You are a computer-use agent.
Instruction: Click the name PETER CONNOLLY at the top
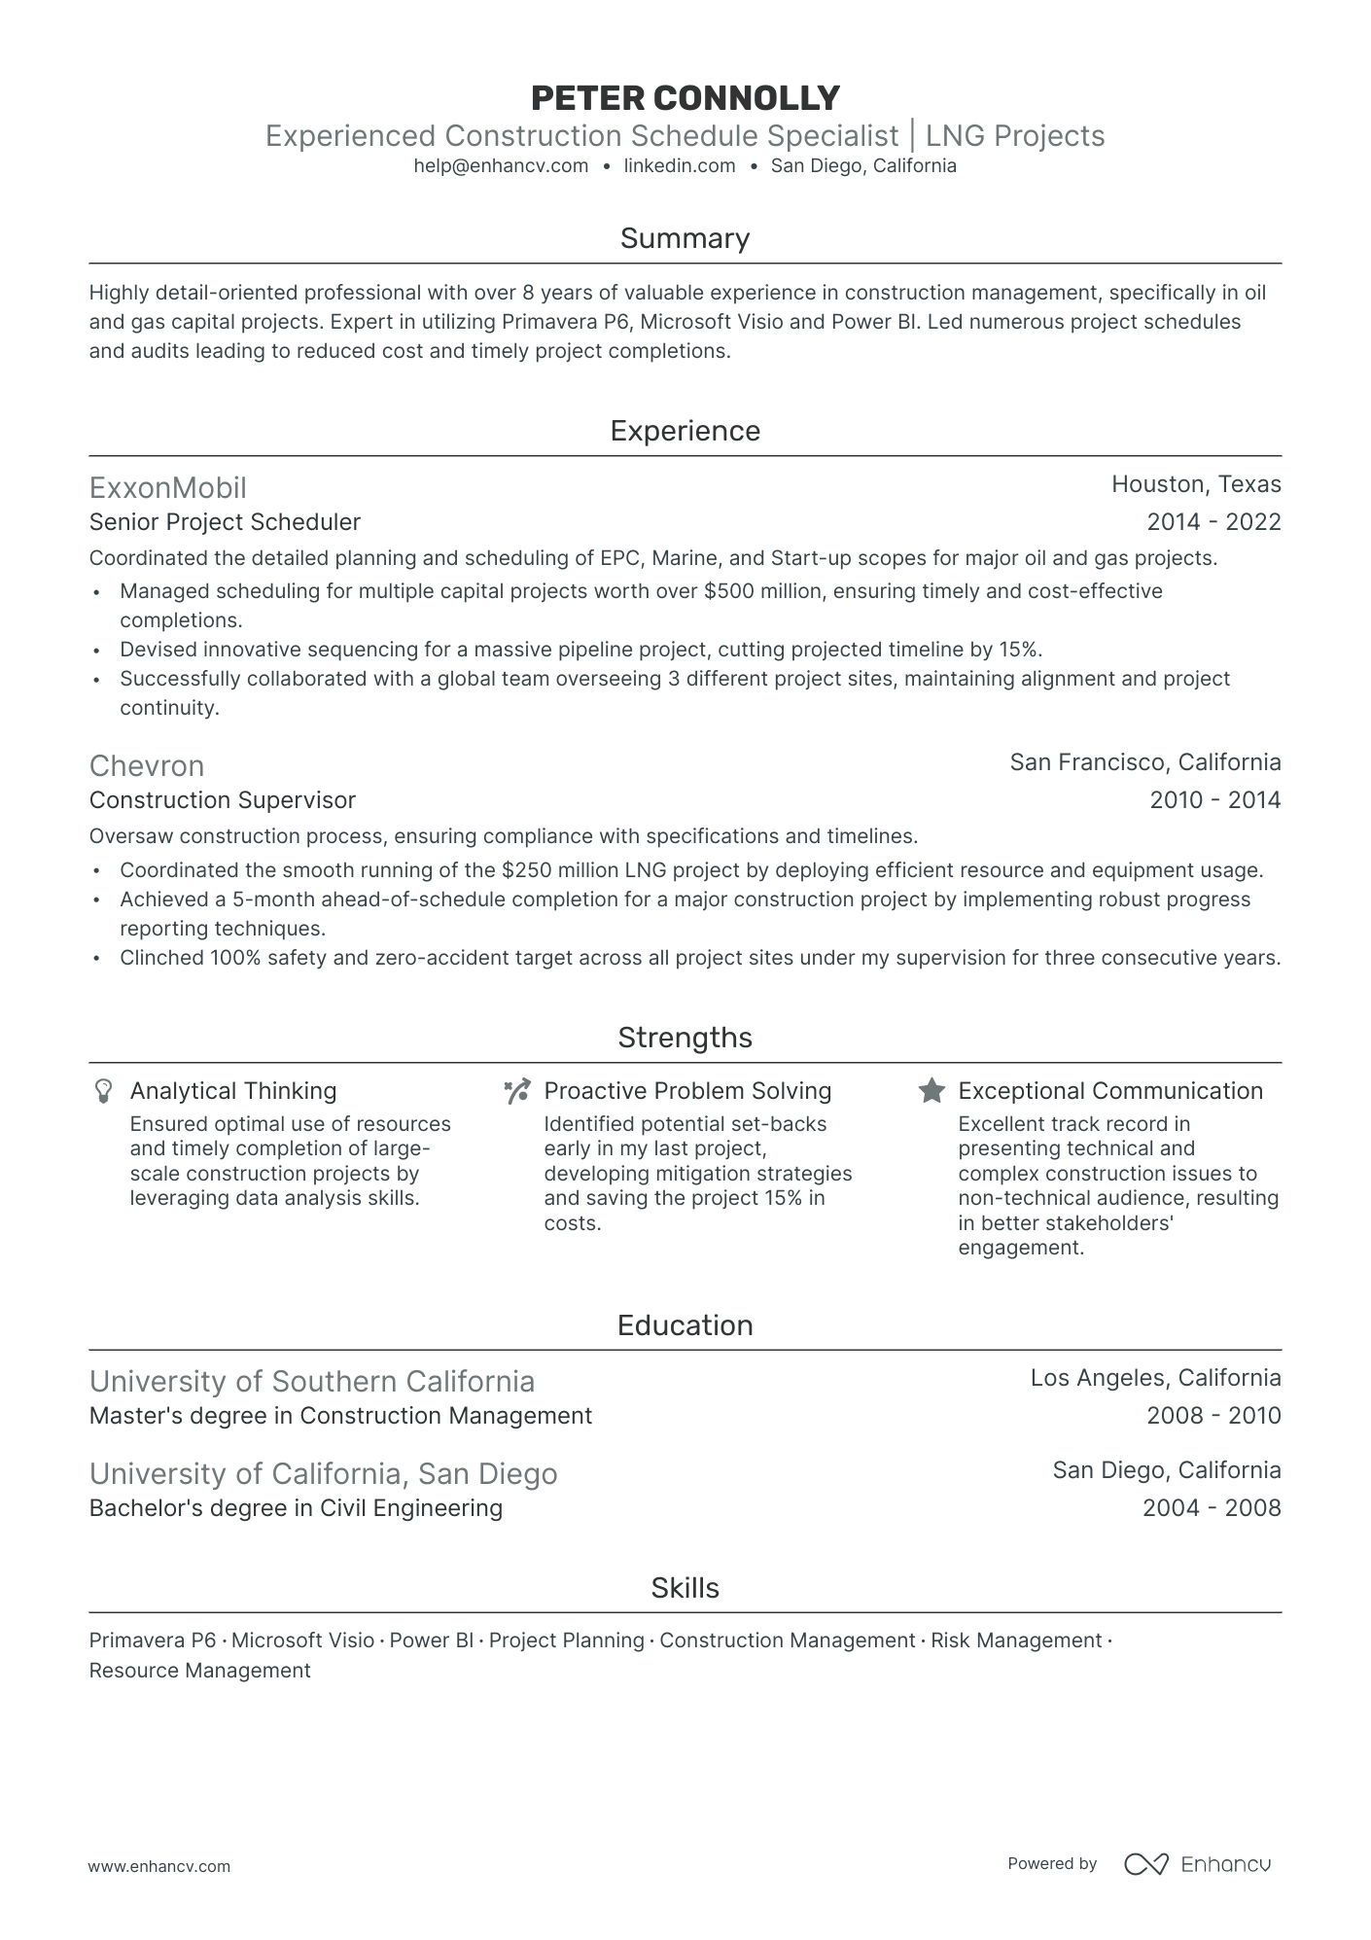685,98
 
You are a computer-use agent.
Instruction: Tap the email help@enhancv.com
501,166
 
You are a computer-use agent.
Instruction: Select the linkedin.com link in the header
679,166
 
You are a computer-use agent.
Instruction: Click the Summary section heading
685,239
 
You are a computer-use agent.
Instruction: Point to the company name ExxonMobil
167,488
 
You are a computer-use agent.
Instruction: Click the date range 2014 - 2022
1213,522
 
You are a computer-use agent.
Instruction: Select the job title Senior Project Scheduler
225,522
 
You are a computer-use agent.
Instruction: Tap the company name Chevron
147,766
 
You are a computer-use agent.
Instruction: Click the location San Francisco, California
1144,762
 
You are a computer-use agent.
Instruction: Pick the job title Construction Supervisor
223,800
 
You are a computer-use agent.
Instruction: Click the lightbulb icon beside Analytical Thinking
103,1091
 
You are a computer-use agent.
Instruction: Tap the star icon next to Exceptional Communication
932,1091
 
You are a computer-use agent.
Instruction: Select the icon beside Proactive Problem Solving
516,1091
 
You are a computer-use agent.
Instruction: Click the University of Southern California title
312,1382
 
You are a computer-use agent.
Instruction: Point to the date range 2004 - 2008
1212,1508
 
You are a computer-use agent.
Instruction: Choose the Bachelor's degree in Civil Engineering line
296,1508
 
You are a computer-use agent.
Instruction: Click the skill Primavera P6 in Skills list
152,1640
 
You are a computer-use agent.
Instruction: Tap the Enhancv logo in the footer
1197,1864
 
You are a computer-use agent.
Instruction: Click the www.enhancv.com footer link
159,1866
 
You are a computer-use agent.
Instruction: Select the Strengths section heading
685,1038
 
